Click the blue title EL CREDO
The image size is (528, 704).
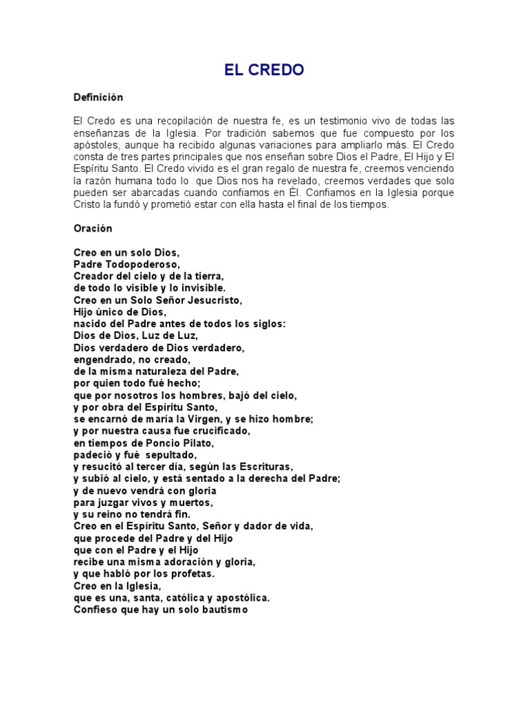pos(263,70)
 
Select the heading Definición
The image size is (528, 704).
pos(98,98)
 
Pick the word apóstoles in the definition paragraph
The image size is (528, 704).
pos(96,144)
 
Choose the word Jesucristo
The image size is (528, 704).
pos(212,300)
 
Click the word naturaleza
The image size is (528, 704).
pos(168,371)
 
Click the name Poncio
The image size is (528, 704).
pos(155,443)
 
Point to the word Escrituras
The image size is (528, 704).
pos(266,467)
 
